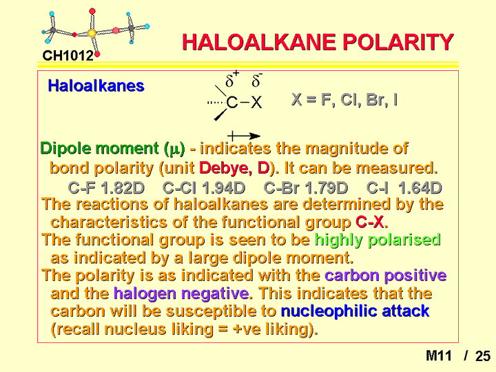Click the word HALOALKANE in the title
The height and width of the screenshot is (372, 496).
click(259, 42)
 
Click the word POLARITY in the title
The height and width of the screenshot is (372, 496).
click(399, 42)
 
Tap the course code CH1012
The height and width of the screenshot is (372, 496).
click(68, 56)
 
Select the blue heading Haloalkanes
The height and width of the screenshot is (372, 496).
click(96, 85)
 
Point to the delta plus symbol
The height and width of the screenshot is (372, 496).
click(232, 79)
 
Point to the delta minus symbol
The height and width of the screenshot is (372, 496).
click(257, 80)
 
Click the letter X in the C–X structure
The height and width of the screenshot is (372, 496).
click(256, 103)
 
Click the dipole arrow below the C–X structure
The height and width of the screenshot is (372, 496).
click(244, 136)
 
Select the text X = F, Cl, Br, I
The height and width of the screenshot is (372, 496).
click(344, 100)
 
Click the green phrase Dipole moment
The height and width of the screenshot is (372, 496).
click(99, 148)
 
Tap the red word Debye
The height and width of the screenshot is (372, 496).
click(225, 167)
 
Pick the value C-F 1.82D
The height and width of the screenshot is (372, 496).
click(106, 188)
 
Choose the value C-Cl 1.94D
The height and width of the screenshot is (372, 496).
click(204, 188)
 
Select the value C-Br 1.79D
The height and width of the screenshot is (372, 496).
click(306, 188)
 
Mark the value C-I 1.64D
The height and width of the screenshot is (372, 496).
click(404, 188)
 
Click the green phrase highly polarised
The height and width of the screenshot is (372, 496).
click(378, 240)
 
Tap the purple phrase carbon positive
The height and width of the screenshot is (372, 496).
click(386, 276)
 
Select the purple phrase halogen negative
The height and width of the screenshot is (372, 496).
click(181, 293)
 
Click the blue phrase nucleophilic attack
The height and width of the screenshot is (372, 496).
click(355, 311)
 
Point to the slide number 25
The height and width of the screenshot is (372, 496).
click(483, 356)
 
